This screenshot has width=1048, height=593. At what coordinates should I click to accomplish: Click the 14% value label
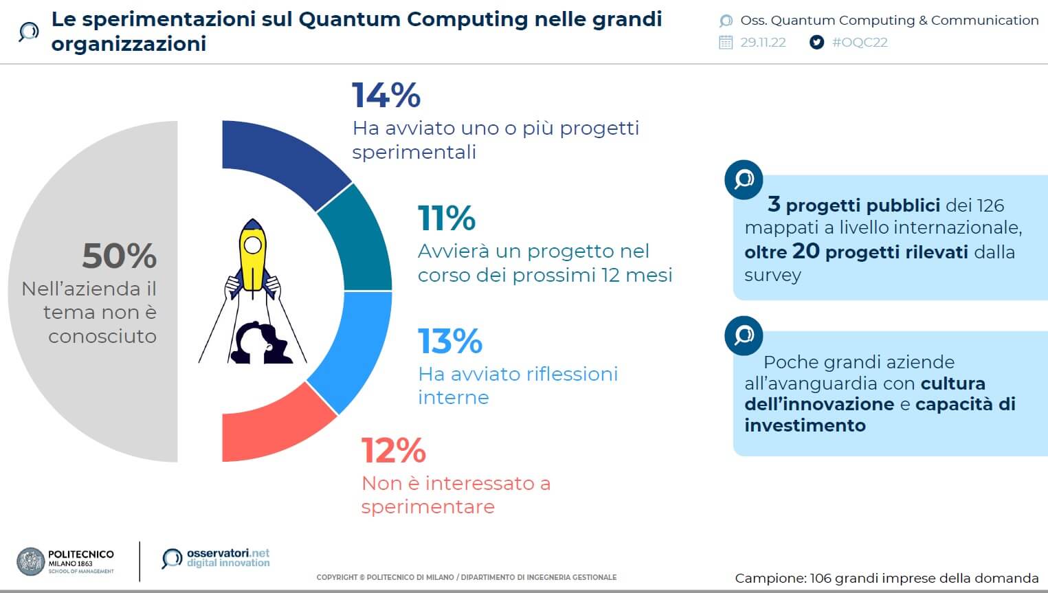click(386, 96)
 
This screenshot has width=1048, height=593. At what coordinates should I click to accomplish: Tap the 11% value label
click(447, 219)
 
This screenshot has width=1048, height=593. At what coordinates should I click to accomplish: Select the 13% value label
click(451, 342)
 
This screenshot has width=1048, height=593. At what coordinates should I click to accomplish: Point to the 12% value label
click(394, 451)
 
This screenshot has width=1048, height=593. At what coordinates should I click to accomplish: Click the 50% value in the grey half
click(120, 256)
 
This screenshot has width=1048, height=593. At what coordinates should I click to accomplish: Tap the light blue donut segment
click(354, 347)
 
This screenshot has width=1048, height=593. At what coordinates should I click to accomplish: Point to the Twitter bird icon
click(816, 42)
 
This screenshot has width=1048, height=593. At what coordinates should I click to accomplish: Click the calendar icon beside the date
click(726, 42)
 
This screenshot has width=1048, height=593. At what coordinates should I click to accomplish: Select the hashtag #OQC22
click(860, 42)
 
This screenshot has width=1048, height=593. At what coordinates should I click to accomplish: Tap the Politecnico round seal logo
click(31, 561)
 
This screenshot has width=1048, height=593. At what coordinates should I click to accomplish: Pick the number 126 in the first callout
click(990, 205)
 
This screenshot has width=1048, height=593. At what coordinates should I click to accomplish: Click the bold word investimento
click(805, 425)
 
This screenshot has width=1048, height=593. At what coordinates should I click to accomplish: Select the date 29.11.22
click(763, 42)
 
